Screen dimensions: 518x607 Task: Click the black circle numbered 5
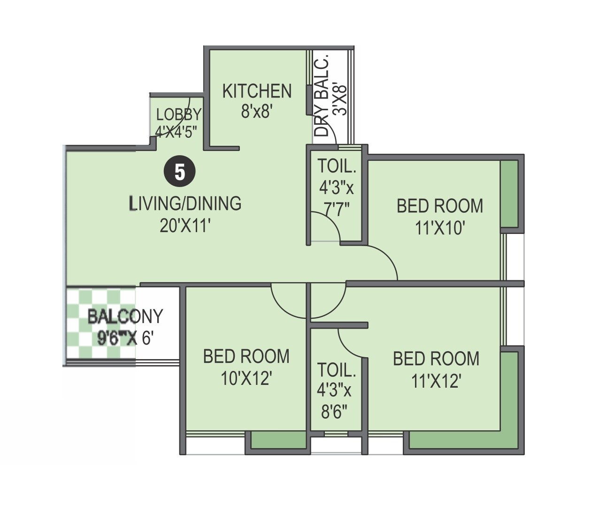tap(180, 172)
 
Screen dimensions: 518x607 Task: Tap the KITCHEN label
tap(257, 91)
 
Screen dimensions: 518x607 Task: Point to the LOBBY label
tap(179, 114)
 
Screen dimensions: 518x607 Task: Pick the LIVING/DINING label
tap(185, 203)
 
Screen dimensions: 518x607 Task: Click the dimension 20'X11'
tap(185, 226)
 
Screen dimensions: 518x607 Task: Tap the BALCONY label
tap(125, 316)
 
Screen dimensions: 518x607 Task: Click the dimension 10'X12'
tap(247, 378)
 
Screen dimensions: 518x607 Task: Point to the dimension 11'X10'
tap(440, 228)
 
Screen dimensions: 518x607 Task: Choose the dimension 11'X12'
tap(436, 381)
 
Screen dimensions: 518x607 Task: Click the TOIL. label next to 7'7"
tap(336, 166)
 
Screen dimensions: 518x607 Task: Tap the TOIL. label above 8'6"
tap(336, 370)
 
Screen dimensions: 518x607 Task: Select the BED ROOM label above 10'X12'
tap(246, 356)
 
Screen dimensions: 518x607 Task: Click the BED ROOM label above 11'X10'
tap(440, 206)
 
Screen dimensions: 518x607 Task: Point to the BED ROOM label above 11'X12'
tap(436, 359)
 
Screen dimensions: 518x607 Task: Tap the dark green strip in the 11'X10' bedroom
tap(509, 194)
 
